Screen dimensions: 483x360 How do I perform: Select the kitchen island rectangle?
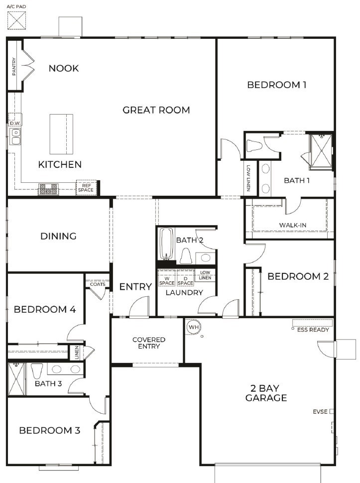(61, 134)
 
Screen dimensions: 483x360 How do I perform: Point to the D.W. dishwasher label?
(14, 122)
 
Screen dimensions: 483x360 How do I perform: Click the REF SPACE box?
(84, 187)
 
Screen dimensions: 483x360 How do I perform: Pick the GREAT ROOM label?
(156, 110)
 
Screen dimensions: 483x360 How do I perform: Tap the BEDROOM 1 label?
(276, 85)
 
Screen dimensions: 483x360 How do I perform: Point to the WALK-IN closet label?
(292, 226)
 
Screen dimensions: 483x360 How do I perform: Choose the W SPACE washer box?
(167, 280)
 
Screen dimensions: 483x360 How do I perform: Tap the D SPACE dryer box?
(185, 280)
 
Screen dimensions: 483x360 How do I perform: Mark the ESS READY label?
(312, 330)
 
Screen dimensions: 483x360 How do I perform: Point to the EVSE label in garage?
(320, 412)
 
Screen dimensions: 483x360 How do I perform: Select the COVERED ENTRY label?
(148, 343)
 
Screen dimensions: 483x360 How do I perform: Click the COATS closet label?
(97, 284)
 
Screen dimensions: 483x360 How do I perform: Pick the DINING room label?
(58, 236)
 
